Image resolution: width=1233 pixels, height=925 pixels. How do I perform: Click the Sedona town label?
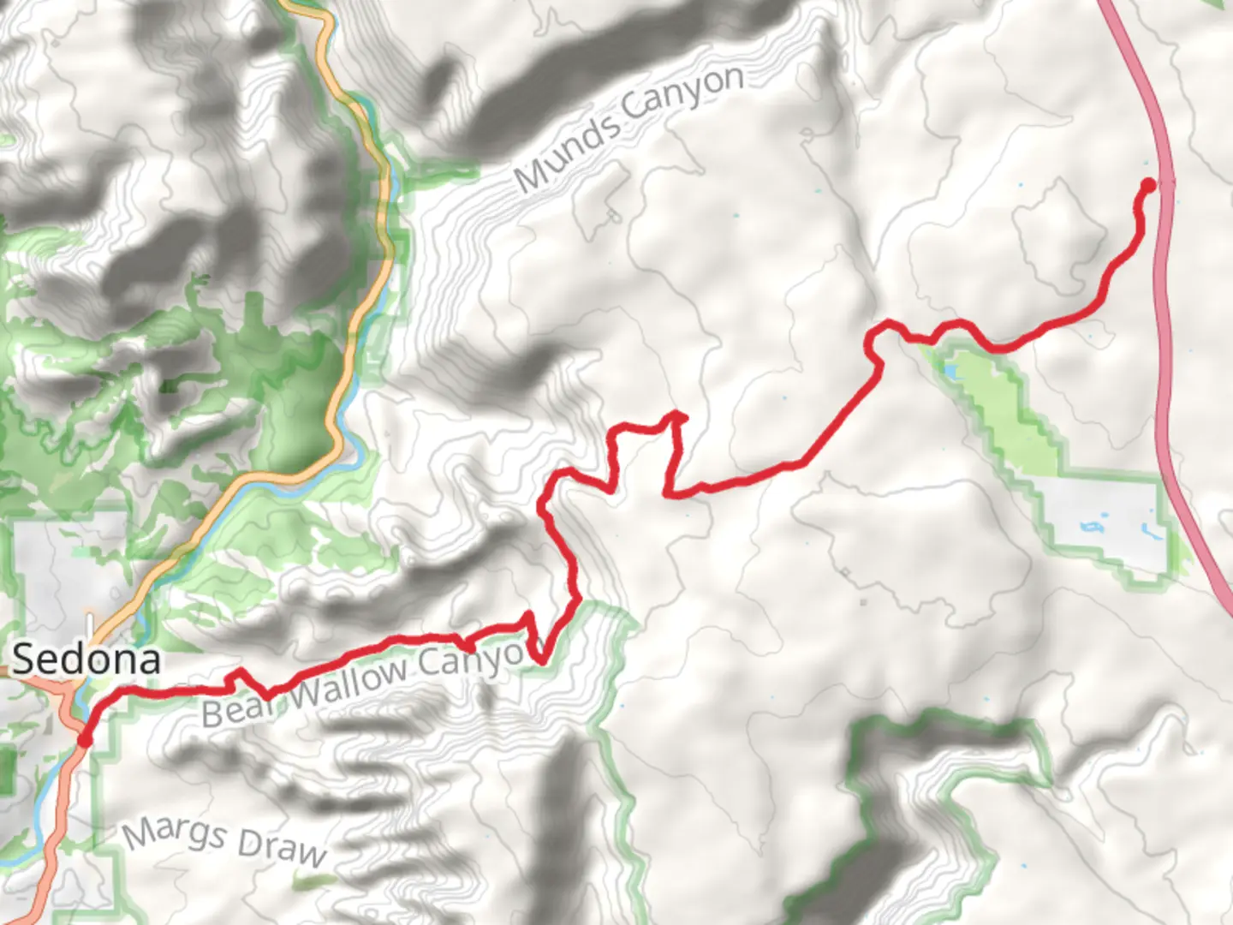(86, 659)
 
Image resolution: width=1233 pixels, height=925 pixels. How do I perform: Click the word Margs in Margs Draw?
(175, 832)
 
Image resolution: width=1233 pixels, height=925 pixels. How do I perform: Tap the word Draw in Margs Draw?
(282, 847)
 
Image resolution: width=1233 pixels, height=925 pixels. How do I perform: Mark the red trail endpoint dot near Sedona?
(85, 738)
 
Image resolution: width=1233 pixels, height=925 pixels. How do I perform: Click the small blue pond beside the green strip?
(949, 373)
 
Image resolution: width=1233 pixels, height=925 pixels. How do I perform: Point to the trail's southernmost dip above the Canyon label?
(541, 659)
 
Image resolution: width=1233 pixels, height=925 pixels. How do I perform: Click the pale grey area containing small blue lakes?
(1100, 514)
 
